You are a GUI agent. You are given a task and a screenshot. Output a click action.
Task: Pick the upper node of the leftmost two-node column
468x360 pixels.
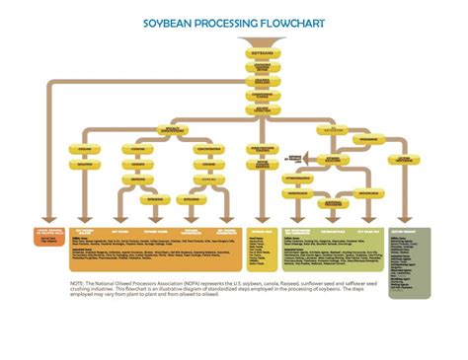point(82,150)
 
